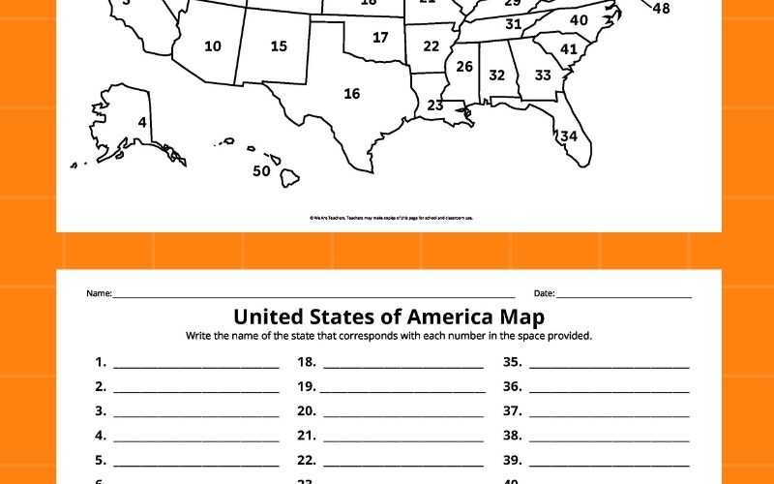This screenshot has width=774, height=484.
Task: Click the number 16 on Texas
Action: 351,94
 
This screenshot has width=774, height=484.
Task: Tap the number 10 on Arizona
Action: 213,45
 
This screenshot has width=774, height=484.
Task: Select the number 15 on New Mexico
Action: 279,45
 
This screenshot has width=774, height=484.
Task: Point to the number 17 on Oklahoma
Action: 380,38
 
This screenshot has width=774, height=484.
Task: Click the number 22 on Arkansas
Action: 431,45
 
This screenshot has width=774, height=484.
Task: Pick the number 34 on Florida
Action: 569,136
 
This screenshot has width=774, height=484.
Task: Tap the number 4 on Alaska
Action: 142,123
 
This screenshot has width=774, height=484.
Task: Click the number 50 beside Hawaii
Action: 261,171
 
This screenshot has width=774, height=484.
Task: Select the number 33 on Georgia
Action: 543,75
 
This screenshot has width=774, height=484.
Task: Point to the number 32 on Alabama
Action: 496,75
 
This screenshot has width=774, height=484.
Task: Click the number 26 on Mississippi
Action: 464,67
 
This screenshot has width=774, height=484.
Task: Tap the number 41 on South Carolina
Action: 569,49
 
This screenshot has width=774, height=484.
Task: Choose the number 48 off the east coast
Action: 661,9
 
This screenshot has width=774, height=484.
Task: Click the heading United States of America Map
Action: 389,317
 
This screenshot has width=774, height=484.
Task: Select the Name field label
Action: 100,293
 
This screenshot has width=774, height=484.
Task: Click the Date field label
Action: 544,293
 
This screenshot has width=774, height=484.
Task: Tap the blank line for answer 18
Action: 402,367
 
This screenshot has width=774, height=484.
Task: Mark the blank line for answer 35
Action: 610,367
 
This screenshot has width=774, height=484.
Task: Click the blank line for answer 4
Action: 196,440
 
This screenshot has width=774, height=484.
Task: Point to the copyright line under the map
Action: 391,219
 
